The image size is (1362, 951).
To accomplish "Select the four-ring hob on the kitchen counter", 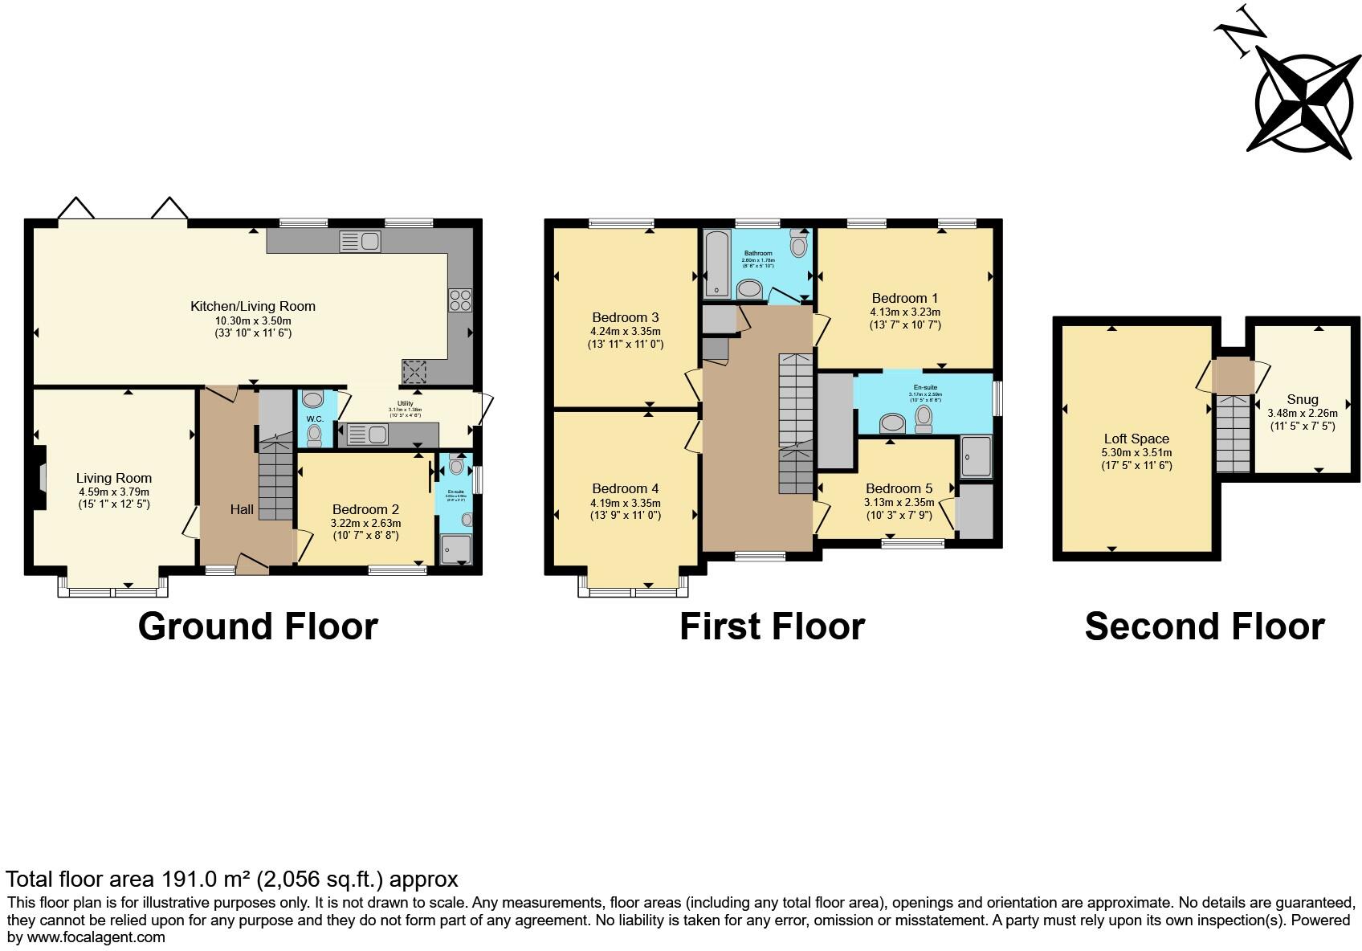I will [460, 300].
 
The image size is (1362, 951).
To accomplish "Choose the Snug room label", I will [1302, 399].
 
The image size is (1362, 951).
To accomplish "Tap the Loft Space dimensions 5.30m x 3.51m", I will [1136, 452].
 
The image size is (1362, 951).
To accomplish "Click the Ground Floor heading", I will [258, 627].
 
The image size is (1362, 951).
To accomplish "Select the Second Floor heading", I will [1204, 627].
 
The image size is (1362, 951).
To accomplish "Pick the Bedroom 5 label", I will [899, 488].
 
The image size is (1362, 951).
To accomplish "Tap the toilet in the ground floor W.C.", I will [314, 435].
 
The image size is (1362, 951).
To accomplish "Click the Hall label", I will [242, 509].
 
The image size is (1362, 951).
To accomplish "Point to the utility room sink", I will [368, 435].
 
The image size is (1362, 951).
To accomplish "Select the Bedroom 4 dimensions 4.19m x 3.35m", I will [626, 503].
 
